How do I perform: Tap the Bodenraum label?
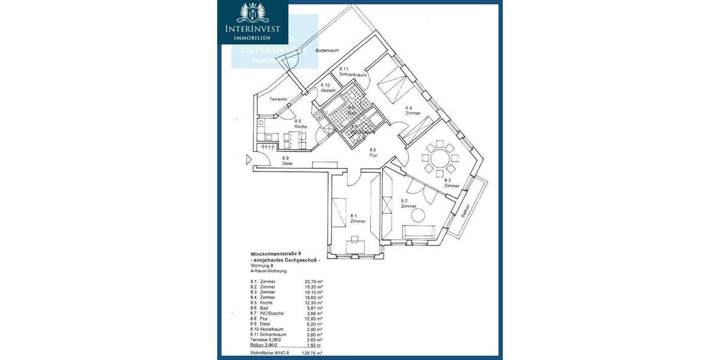329,50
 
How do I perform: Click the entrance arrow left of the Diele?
248,160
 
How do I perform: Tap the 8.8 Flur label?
373,152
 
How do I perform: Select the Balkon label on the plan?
465,210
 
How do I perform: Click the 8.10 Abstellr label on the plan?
328,88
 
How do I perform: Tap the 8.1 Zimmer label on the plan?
358,218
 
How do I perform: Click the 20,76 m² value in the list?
314,280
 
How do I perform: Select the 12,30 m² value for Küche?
314,302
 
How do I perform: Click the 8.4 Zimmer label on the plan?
412,110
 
